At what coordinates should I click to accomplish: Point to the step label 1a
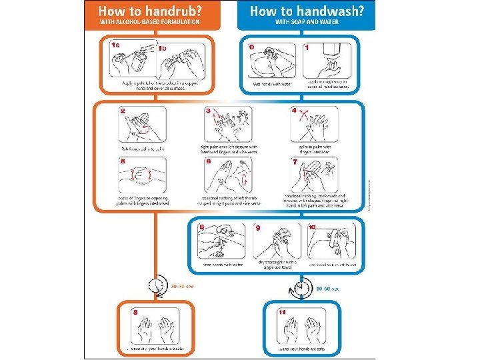pyautogui.click(x=116, y=44)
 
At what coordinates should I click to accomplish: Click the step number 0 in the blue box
pyautogui.click(x=252, y=47)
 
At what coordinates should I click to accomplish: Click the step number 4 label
pyautogui.click(x=294, y=110)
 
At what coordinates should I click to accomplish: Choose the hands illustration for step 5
pyautogui.click(x=143, y=176)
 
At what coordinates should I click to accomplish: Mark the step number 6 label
pyautogui.click(x=209, y=161)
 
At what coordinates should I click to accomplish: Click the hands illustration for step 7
pyautogui.click(x=313, y=176)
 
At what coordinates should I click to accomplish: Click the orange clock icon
pyautogui.click(x=157, y=285)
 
